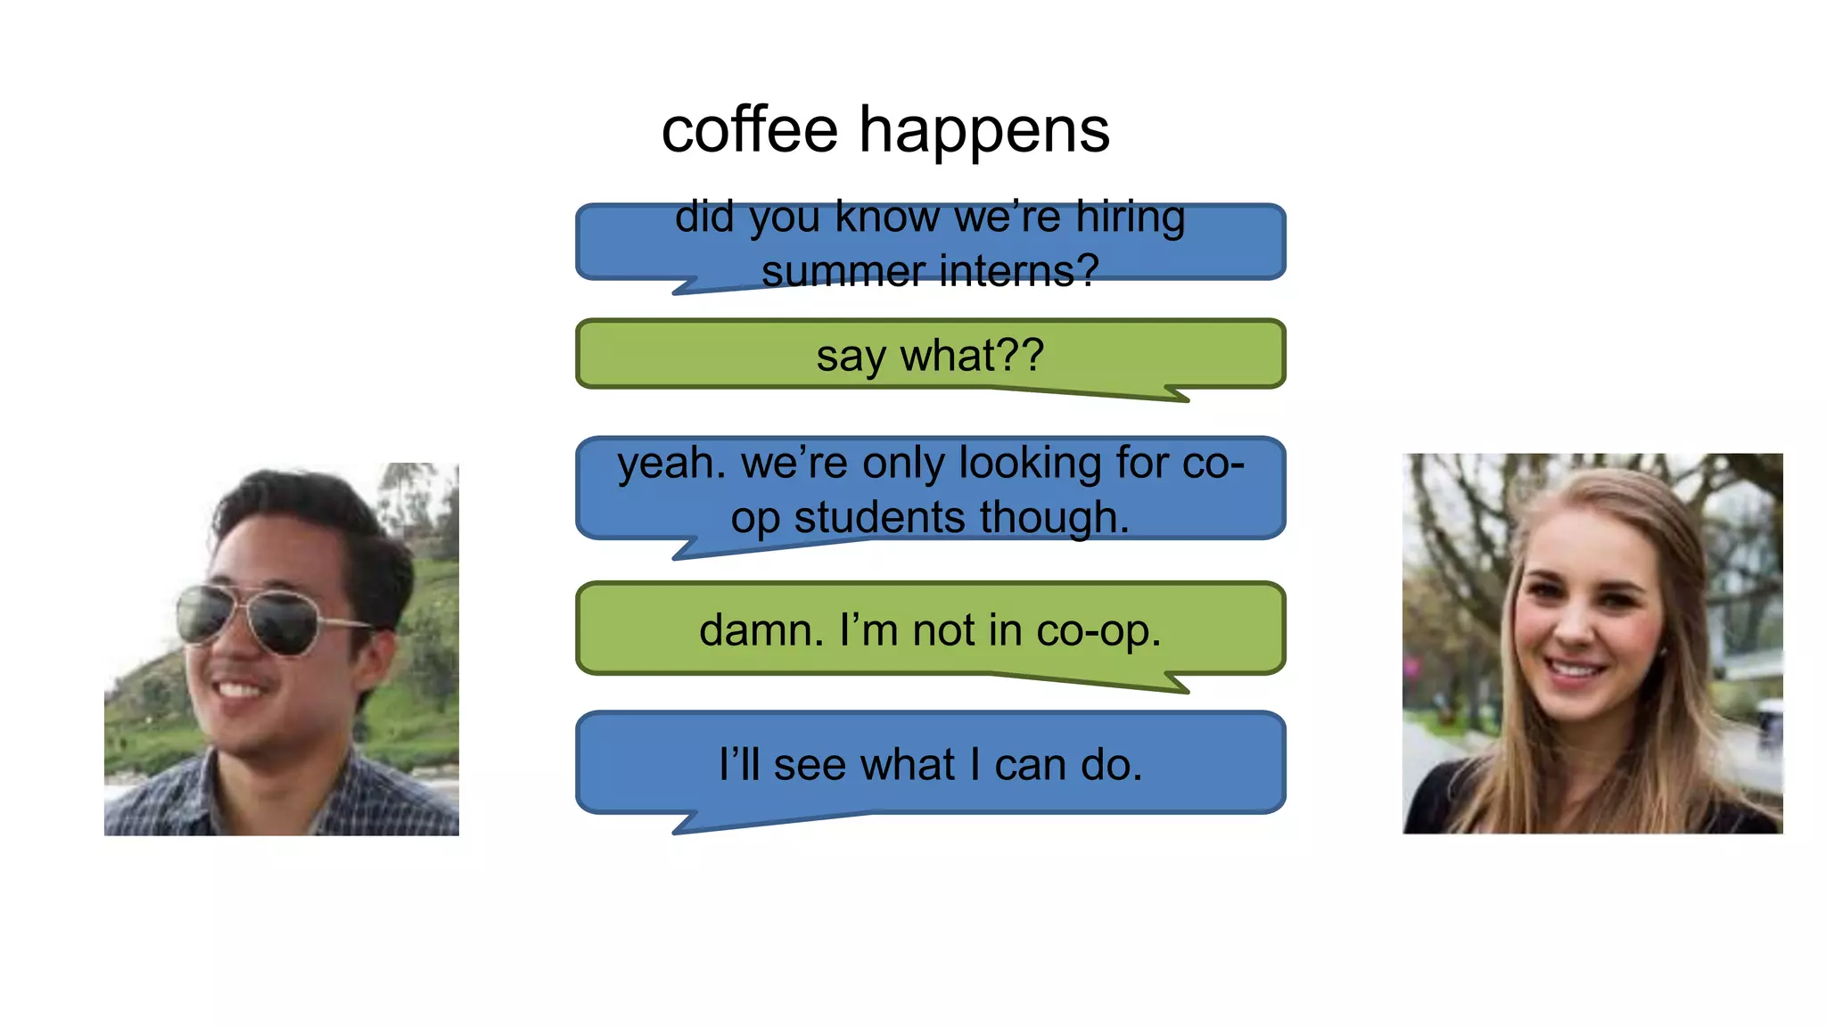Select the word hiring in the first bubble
click(1130, 217)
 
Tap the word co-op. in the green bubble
click(1098, 631)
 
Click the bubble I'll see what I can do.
click(930, 764)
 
